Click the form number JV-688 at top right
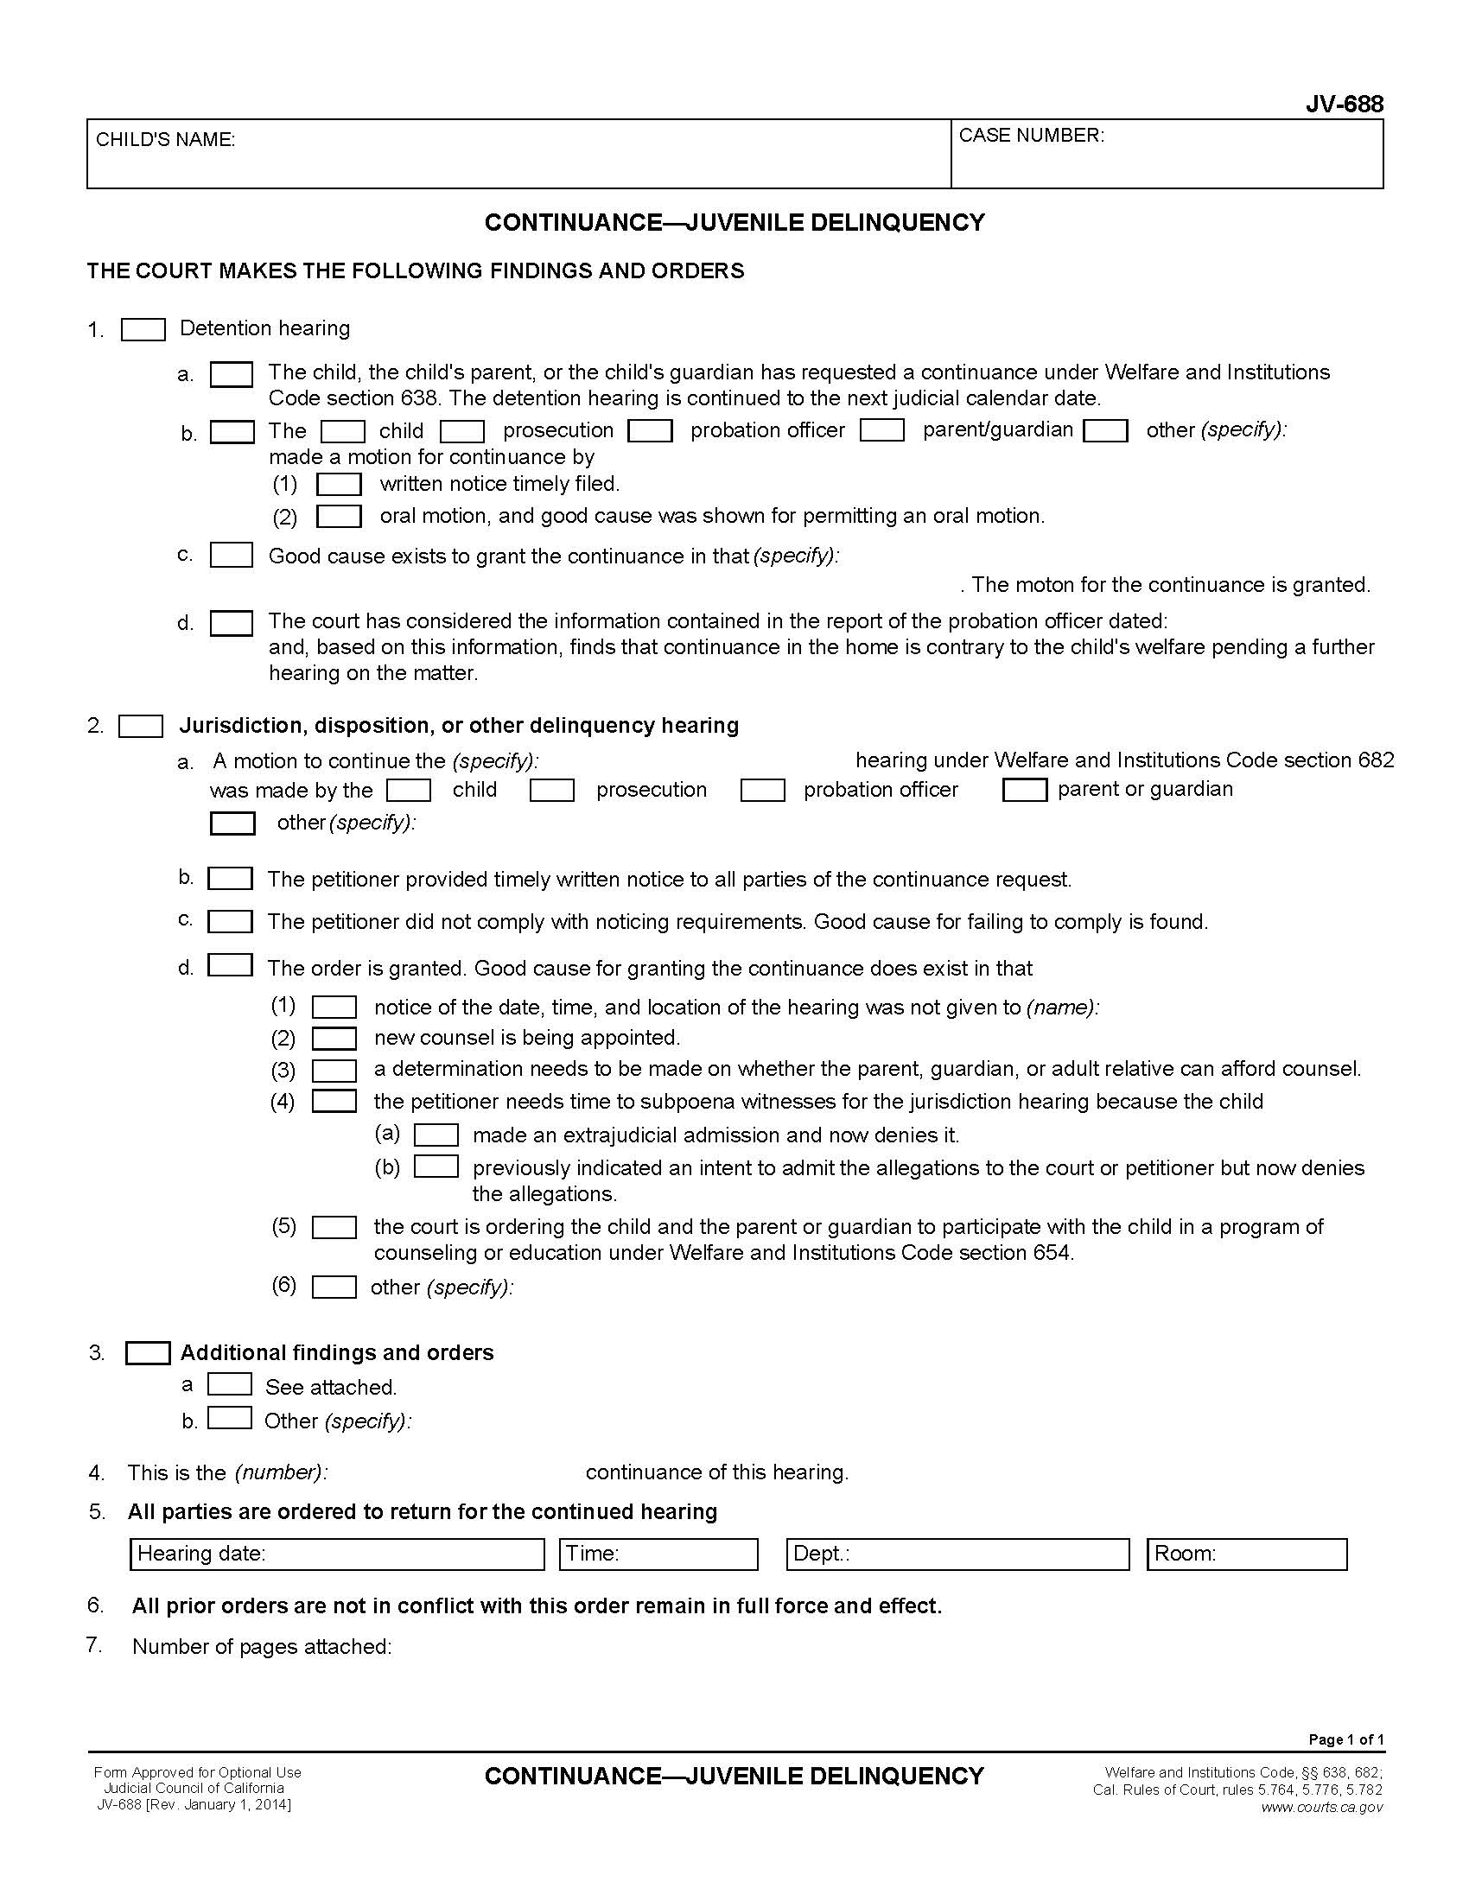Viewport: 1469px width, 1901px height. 1344,105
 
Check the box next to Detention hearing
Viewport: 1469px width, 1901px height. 143,330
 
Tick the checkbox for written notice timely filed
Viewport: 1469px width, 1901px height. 339,484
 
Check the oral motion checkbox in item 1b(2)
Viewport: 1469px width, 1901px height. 339,516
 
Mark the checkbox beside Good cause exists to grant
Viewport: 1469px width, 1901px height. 232,556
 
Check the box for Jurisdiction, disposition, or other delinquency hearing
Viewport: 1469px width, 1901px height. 141,726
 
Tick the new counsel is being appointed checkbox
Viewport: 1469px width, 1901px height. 334,1039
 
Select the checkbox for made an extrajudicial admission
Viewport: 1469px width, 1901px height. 436,1135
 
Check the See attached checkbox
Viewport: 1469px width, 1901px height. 230,1385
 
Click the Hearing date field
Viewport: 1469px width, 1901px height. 337,1554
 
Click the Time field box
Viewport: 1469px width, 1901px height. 658,1554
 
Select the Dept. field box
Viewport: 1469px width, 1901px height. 957,1554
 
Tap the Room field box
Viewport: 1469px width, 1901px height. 1246,1554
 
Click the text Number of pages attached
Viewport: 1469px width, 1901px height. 262,1647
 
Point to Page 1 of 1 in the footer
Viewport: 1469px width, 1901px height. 1345,1740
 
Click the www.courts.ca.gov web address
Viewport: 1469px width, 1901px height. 1321,1808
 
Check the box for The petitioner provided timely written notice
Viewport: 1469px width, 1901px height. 231,878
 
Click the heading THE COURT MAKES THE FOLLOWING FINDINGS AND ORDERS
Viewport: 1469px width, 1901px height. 415,270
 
